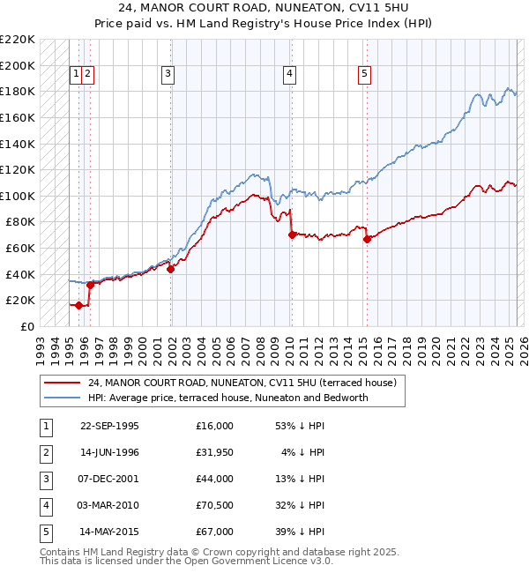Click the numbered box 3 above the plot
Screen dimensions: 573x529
[168, 75]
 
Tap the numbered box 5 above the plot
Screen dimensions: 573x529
[364, 75]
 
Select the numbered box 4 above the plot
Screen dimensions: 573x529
[289, 75]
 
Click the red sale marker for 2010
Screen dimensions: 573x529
[291, 234]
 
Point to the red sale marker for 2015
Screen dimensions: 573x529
[367, 239]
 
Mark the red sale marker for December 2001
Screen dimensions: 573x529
[171, 269]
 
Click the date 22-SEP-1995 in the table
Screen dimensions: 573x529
[109, 426]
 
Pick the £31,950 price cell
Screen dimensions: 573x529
[214, 452]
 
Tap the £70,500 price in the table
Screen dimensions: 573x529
[214, 505]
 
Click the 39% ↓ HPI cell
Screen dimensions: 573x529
[299, 532]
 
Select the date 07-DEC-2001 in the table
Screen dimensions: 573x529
[109, 479]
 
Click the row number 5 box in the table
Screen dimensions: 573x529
[45, 532]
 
